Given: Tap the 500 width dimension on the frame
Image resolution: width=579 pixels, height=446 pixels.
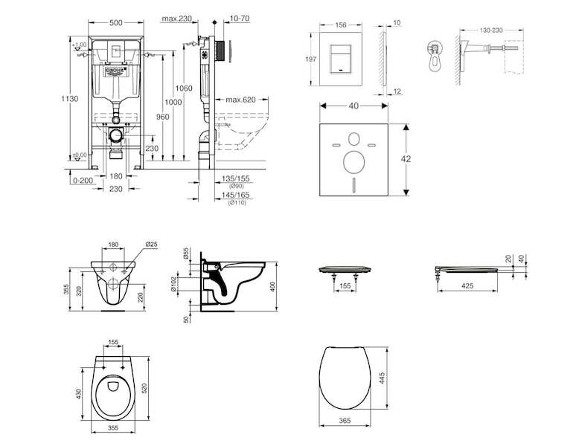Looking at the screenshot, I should click(115, 24).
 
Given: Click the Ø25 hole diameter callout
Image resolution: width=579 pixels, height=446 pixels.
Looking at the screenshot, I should click(150, 243).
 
